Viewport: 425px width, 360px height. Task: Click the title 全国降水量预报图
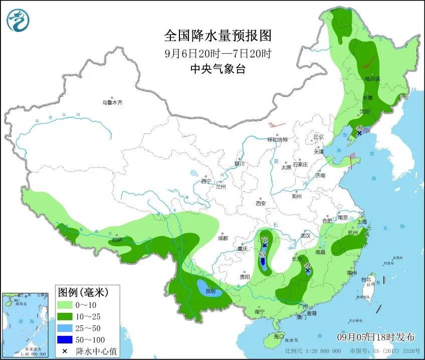(x=218, y=36)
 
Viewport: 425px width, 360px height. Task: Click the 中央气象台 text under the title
(x=218, y=70)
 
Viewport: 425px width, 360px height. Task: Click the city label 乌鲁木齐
(x=112, y=102)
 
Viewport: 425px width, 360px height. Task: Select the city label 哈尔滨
(x=372, y=79)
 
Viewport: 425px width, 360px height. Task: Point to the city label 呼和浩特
(x=277, y=140)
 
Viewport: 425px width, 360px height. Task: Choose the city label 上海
(x=361, y=222)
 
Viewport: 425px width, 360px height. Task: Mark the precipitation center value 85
(x=262, y=255)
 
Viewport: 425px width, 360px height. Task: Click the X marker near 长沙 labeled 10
(x=307, y=271)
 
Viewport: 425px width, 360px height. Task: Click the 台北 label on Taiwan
(x=369, y=279)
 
